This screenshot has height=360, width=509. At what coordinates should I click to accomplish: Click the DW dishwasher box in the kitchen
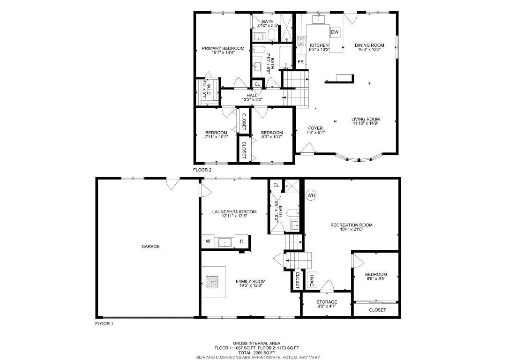click(x=335, y=32)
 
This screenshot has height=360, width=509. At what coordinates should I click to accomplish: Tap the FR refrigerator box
click(x=301, y=61)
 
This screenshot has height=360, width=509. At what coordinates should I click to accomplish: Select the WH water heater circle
click(x=311, y=195)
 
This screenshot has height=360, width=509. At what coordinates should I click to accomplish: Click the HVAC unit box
click(x=311, y=280)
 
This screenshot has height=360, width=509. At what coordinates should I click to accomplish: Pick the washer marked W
click(x=208, y=241)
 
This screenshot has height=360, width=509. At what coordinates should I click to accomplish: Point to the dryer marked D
click(x=241, y=241)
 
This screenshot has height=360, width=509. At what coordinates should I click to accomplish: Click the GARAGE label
click(x=150, y=247)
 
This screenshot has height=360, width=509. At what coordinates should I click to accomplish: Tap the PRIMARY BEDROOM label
click(x=223, y=48)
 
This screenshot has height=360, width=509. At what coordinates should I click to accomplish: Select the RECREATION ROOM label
click(x=351, y=225)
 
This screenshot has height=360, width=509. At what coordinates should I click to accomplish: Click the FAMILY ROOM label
click(x=251, y=281)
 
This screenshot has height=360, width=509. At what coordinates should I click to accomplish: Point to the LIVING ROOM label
click(x=366, y=119)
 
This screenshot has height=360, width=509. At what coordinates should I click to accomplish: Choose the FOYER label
click(x=315, y=128)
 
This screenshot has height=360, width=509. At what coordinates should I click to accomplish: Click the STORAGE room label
click(x=327, y=302)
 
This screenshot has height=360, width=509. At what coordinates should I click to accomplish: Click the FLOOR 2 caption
click(x=202, y=170)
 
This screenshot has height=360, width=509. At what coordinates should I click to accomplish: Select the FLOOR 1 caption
click(x=104, y=323)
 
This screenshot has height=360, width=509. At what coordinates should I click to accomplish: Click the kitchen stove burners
click(x=301, y=41)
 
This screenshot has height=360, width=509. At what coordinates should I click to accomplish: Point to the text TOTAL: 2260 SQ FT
click(x=257, y=352)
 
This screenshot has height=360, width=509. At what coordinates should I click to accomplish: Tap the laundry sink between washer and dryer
click(x=225, y=242)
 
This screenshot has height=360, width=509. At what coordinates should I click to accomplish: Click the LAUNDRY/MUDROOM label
click(x=234, y=212)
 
